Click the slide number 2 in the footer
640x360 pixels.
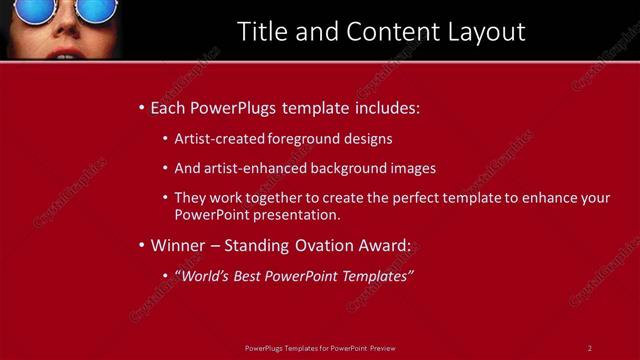(x=590, y=347)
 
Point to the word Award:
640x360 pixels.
(x=386, y=245)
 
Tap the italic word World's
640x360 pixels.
(x=207, y=275)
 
